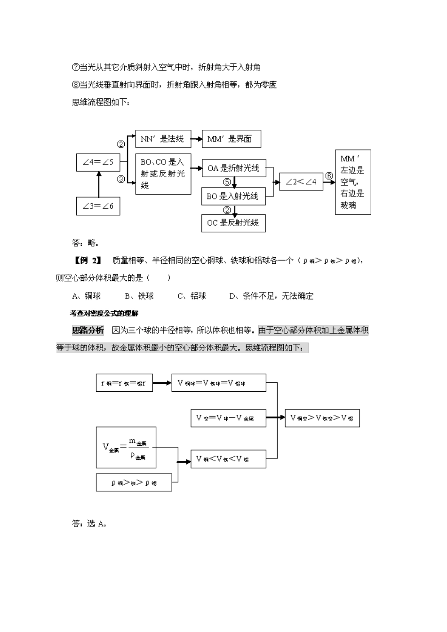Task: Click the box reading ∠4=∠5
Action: tap(98, 162)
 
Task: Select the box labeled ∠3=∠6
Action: tap(98, 206)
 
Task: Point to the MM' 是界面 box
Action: tap(231, 139)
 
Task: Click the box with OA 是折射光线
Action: tap(233, 168)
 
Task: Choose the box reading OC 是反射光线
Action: tap(233, 223)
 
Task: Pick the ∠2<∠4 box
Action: tap(301, 182)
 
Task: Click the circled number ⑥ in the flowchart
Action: tap(329, 176)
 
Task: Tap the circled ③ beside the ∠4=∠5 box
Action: tap(121, 179)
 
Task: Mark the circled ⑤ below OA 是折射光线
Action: tap(227, 182)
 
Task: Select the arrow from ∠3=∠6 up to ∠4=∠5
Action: tap(98, 184)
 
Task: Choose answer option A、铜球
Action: tap(87, 296)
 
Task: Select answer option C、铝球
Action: tap(192, 296)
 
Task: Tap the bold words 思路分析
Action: tap(88, 330)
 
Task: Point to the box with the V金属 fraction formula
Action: tap(126, 447)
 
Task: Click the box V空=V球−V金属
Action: tap(228, 418)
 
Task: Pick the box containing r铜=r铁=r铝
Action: tap(124, 383)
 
